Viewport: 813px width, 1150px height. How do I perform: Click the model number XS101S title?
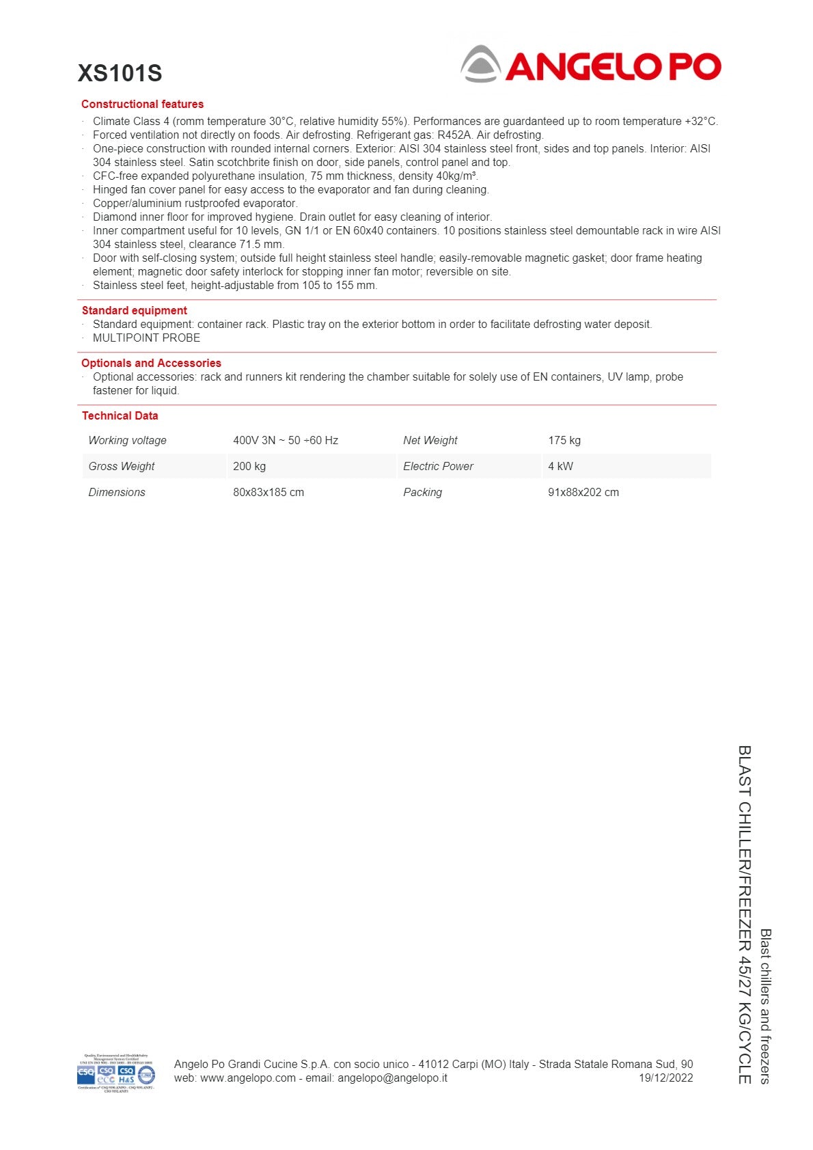(120, 73)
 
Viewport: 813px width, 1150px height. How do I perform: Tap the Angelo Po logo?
(591, 65)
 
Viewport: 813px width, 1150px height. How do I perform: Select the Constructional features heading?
(142, 104)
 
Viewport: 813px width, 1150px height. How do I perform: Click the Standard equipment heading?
(134, 310)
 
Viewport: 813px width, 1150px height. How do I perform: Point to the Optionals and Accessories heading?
(151, 363)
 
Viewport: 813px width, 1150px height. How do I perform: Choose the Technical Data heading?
(120, 415)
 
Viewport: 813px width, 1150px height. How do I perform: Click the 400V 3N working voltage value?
(286, 440)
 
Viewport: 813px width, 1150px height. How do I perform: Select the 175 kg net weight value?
(564, 440)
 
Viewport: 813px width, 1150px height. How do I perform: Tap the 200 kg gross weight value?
(249, 466)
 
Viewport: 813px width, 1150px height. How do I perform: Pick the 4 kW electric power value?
(560, 466)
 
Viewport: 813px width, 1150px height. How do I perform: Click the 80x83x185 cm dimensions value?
(268, 492)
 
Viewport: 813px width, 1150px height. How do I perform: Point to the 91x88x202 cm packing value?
(583, 492)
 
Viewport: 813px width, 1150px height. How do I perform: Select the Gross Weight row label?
(122, 466)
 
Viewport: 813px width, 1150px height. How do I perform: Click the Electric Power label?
(438, 466)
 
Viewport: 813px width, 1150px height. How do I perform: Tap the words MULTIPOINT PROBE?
(146, 338)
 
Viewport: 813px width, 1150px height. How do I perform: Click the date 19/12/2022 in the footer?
(665, 1078)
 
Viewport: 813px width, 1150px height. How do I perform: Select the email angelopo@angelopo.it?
(392, 1078)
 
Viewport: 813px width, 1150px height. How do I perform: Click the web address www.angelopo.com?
(248, 1078)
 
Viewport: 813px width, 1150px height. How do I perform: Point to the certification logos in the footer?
(116, 1073)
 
